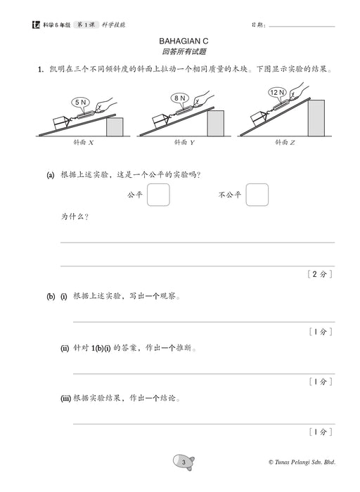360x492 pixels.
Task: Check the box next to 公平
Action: click(158, 195)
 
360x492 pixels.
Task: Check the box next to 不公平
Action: click(257, 195)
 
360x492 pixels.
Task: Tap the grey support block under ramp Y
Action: click(215, 122)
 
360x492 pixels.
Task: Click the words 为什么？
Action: click(75, 217)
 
